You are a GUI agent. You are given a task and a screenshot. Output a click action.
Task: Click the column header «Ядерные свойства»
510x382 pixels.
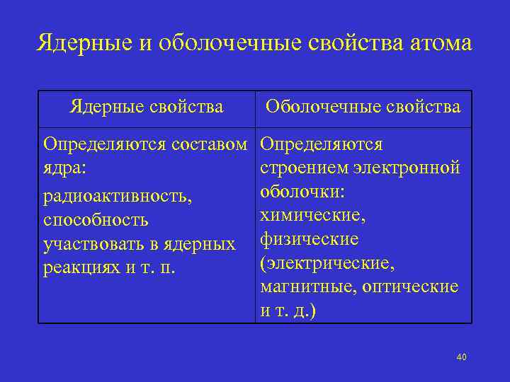147,107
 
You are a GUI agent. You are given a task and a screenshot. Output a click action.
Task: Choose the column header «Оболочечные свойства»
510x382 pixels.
363,107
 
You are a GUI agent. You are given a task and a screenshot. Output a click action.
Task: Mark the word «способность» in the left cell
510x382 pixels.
96,220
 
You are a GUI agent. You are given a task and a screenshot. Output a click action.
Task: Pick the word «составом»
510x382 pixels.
214,145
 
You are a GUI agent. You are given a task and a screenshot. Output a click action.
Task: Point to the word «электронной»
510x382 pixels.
410,168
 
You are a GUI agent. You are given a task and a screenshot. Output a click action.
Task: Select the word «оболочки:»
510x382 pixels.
302,192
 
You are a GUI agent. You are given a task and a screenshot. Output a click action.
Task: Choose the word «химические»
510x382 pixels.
312,215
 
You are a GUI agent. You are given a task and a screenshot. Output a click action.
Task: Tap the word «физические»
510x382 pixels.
309,239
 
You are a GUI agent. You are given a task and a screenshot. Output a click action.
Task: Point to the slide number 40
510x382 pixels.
461,357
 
